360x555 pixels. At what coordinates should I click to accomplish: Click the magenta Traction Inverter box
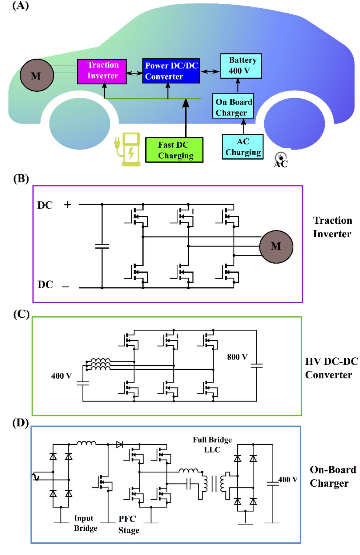[x=102, y=71]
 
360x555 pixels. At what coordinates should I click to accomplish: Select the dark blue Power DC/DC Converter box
[x=171, y=71]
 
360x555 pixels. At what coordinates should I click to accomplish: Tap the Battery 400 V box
[x=241, y=66]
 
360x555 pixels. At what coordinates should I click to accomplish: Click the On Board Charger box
[x=233, y=107]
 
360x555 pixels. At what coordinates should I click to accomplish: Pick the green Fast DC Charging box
[x=174, y=150]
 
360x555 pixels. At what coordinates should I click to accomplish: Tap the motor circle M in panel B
[x=276, y=246]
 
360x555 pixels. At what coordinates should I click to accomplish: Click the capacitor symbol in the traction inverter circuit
[x=102, y=246]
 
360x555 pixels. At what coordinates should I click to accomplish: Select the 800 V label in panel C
[x=237, y=357]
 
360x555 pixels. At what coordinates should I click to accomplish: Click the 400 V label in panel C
[x=61, y=376]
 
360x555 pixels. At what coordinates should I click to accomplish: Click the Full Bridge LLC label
[x=212, y=445]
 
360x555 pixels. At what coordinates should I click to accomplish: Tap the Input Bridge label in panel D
[x=85, y=523]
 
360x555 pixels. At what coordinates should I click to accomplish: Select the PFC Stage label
[x=129, y=524]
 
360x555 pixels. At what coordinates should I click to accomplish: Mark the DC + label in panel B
[x=54, y=205]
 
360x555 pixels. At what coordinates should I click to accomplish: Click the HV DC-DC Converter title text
[x=331, y=368]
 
